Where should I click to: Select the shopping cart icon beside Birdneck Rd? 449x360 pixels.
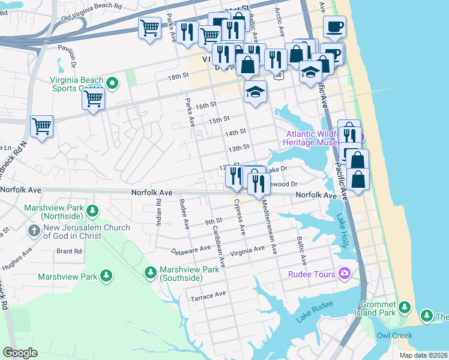(42, 127)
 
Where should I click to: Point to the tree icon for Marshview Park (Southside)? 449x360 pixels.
(151, 273)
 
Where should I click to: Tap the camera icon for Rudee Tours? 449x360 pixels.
(345, 274)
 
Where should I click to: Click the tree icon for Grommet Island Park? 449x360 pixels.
(405, 308)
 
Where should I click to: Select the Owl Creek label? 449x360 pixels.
(394, 335)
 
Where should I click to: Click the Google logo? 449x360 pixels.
(20, 353)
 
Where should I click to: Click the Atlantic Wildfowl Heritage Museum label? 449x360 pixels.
(313, 139)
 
